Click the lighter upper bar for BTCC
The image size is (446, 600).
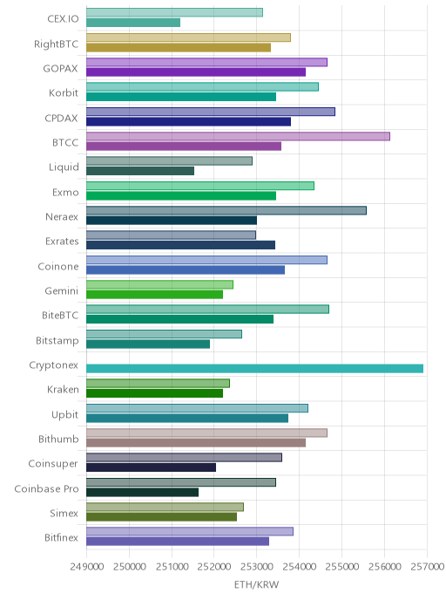click(x=238, y=136)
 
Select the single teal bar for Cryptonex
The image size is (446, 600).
click(x=254, y=369)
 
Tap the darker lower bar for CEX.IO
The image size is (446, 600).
click(x=133, y=23)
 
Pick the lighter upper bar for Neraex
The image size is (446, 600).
click(x=226, y=210)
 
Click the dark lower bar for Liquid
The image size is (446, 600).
click(x=140, y=171)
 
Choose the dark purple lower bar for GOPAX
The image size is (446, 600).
click(x=196, y=72)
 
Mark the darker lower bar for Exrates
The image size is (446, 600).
click(x=181, y=245)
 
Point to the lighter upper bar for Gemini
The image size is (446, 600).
click(x=159, y=284)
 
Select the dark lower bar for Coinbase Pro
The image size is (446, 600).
click(x=143, y=492)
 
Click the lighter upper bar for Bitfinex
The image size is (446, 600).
click(x=190, y=531)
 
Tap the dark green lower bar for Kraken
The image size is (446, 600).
click(x=154, y=393)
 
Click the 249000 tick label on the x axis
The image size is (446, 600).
click(x=87, y=566)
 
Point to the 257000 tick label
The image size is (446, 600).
click(x=428, y=566)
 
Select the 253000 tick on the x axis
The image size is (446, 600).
click(x=257, y=566)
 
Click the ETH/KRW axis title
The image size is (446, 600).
click(x=256, y=584)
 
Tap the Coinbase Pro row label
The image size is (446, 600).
click(x=46, y=488)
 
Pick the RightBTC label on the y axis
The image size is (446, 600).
click(x=56, y=44)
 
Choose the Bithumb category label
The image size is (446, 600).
click(x=58, y=439)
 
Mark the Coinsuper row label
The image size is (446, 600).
click(x=53, y=464)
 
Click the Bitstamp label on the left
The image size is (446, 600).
click(x=57, y=341)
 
